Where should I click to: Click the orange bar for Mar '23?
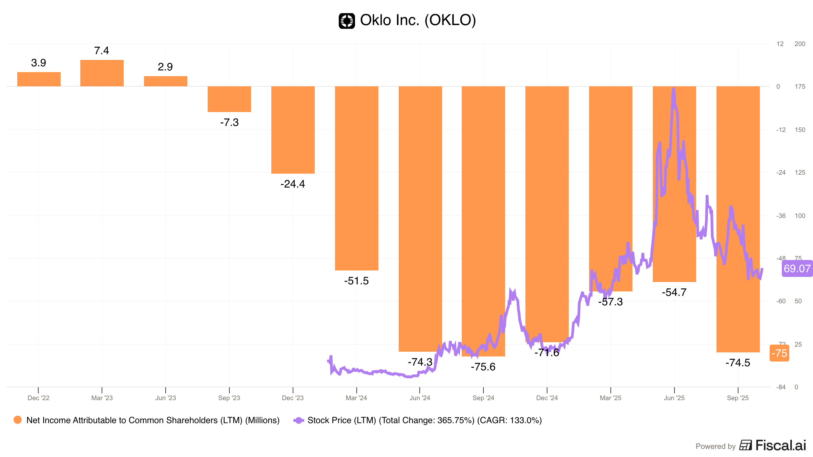(102, 73)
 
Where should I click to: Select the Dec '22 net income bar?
(39, 79)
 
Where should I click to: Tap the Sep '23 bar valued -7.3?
(229, 99)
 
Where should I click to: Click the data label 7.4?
(102, 51)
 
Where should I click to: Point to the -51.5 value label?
(356, 281)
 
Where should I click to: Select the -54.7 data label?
(674, 292)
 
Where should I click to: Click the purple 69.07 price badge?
(797, 268)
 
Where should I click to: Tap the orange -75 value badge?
(779, 353)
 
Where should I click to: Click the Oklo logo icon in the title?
(347, 21)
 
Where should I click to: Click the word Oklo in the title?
(375, 20)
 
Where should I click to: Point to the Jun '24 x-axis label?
(420, 398)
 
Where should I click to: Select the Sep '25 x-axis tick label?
(738, 398)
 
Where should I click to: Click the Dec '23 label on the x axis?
(293, 398)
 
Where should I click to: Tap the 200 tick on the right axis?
(800, 44)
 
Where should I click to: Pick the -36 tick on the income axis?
(781, 216)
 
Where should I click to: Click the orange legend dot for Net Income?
(18, 420)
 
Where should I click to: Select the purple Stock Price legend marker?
(298, 420)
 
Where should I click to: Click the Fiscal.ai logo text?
(780, 445)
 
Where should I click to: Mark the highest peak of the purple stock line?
(674, 89)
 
